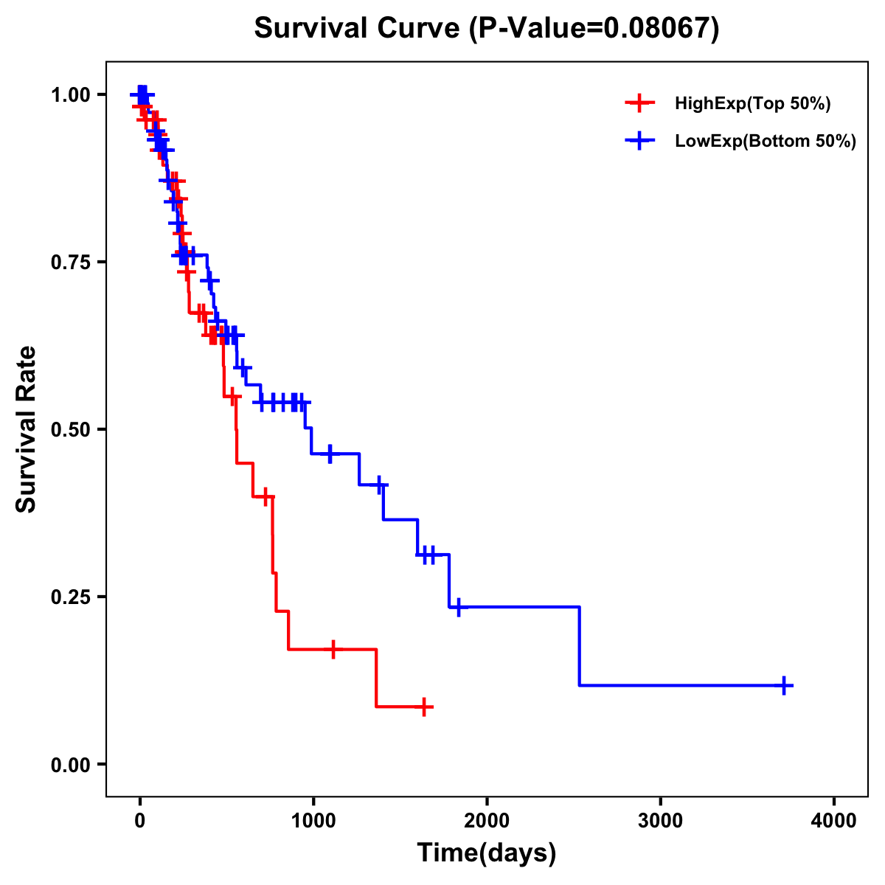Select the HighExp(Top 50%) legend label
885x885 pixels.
pyautogui.click(x=753, y=104)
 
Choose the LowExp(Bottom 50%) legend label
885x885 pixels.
pyautogui.click(x=766, y=142)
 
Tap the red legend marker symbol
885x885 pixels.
pyautogui.click(x=639, y=104)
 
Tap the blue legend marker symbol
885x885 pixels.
pyautogui.click(x=639, y=142)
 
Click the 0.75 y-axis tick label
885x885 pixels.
pyautogui.click(x=72, y=262)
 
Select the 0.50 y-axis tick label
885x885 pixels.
pyautogui.click(x=72, y=429)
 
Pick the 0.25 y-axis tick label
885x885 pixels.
pyautogui.click(x=72, y=597)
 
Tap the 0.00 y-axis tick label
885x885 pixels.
pyautogui.click(x=72, y=764)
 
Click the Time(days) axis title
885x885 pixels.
pyautogui.click(x=487, y=853)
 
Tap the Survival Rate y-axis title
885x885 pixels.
pyautogui.click(x=27, y=429)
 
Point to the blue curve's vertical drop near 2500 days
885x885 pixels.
pyautogui.click(x=580, y=646)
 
